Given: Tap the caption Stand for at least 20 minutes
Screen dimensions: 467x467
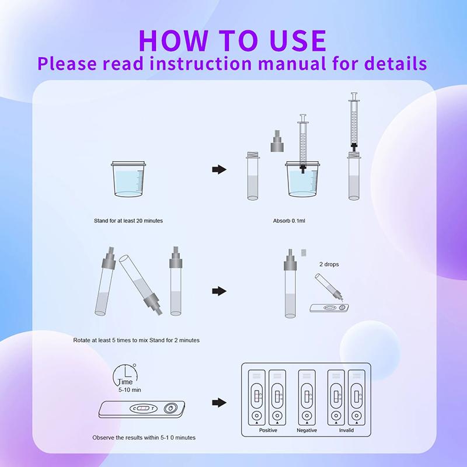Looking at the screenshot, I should [128, 221].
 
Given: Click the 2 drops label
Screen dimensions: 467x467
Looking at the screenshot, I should [329, 264].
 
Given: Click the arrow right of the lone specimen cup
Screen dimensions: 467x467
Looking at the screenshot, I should [218, 169].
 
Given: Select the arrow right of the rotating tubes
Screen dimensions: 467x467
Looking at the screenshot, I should [218, 291].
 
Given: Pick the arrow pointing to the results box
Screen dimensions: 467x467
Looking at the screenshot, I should [218, 402].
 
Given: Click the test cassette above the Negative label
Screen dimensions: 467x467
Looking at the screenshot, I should [306, 397].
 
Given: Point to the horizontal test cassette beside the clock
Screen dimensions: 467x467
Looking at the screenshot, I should [142, 408].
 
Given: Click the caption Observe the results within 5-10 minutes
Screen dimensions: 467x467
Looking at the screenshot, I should [144, 437].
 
